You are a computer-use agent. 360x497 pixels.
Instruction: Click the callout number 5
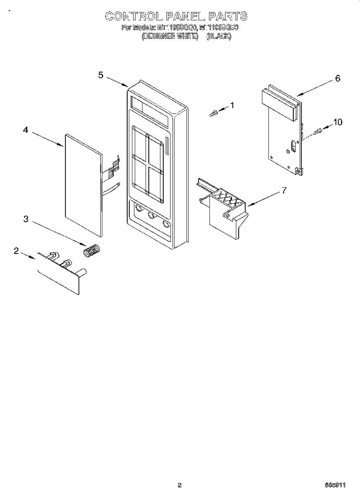(101, 75)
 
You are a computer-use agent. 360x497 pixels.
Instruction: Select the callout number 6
(338, 78)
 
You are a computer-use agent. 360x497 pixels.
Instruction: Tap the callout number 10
(338, 122)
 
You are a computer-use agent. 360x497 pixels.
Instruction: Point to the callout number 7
(284, 190)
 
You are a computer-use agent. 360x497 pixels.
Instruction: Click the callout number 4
(26, 130)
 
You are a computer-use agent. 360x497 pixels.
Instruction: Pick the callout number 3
(26, 220)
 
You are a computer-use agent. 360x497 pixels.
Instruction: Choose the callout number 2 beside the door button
(16, 251)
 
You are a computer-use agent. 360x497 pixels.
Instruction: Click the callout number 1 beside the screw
(232, 105)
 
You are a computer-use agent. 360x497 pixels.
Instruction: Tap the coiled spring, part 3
(92, 250)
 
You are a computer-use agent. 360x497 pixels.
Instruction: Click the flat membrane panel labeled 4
(83, 186)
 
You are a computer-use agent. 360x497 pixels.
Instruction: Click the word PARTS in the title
(228, 16)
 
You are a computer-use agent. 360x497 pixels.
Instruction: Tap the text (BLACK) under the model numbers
(219, 36)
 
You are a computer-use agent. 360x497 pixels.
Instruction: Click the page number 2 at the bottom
(179, 485)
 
